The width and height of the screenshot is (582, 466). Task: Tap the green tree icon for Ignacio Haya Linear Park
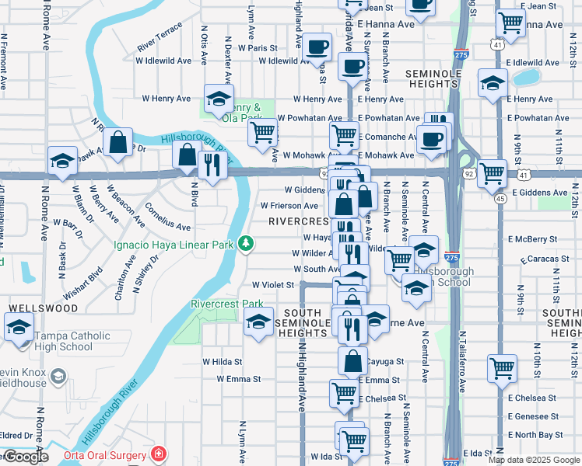pos(246,245)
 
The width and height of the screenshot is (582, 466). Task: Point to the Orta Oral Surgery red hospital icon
pos(159,454)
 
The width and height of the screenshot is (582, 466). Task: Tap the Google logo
pos(25,456)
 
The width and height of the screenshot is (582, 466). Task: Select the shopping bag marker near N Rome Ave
pos(117,143)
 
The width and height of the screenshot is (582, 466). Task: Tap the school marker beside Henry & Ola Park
pos(219,99)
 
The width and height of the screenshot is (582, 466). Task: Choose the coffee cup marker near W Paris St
pos(317,47)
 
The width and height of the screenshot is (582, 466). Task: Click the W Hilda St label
pos(223,361)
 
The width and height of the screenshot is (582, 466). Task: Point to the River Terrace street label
pos(160,37)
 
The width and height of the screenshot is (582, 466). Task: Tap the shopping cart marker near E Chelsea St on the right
pos(503,368)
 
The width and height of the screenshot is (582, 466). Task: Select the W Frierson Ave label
pos(289,206)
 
